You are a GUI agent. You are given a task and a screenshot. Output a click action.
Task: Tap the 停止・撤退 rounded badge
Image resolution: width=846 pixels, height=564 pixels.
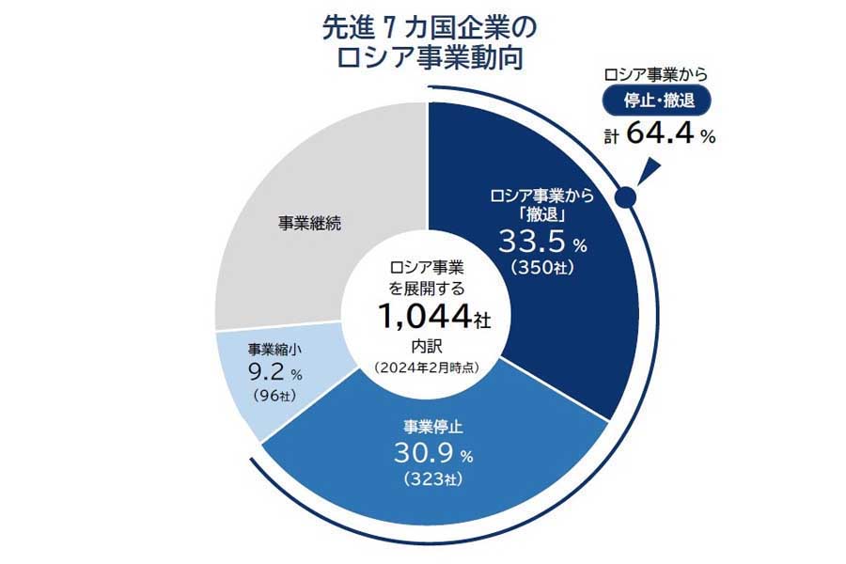(656, 99)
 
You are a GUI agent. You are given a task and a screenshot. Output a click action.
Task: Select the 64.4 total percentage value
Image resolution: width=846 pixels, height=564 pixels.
(658, 135)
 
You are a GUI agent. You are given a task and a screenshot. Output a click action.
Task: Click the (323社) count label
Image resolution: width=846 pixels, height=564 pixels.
(427, 480)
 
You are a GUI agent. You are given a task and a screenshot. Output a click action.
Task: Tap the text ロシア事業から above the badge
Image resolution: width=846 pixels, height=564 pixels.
(656, 73)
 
